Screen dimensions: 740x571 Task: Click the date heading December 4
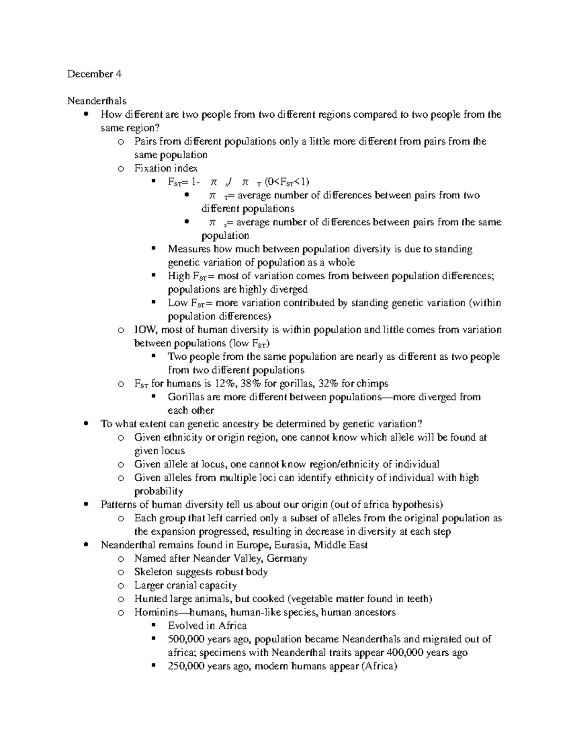point(94,74)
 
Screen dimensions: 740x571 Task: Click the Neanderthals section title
point(97,101)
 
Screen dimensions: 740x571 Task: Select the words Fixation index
point(166,168)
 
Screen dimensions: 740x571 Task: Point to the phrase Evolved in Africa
point(207,626)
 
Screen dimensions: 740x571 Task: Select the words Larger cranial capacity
point(185,585)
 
